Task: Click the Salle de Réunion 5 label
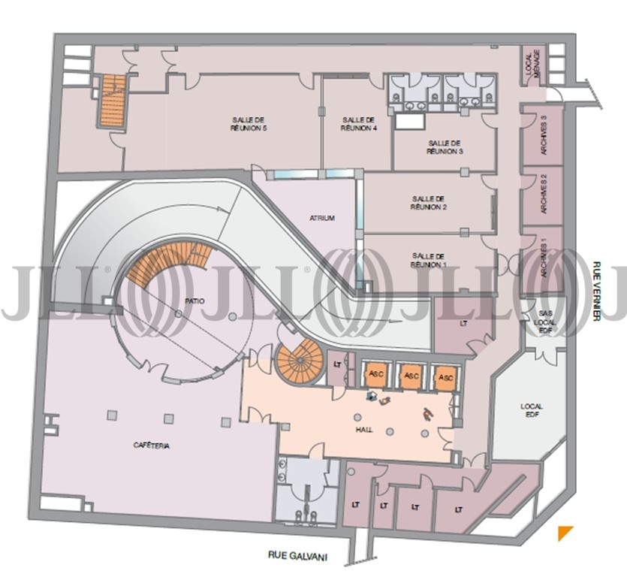point(249,124)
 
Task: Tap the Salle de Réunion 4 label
point(359,124)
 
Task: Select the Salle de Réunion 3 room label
point(445,147)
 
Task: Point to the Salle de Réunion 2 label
point(428,203)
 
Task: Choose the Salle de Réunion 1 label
point(428,261)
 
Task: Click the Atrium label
point(322,219)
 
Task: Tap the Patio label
point(194,301)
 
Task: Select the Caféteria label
point(152,446)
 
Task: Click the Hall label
point(364,430)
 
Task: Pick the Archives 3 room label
point(544,135)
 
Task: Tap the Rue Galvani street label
point(297,556)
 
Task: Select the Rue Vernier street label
point(597,291)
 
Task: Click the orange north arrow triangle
point(565,533)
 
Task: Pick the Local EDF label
point(532,410)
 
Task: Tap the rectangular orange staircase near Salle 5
point(113,101)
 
